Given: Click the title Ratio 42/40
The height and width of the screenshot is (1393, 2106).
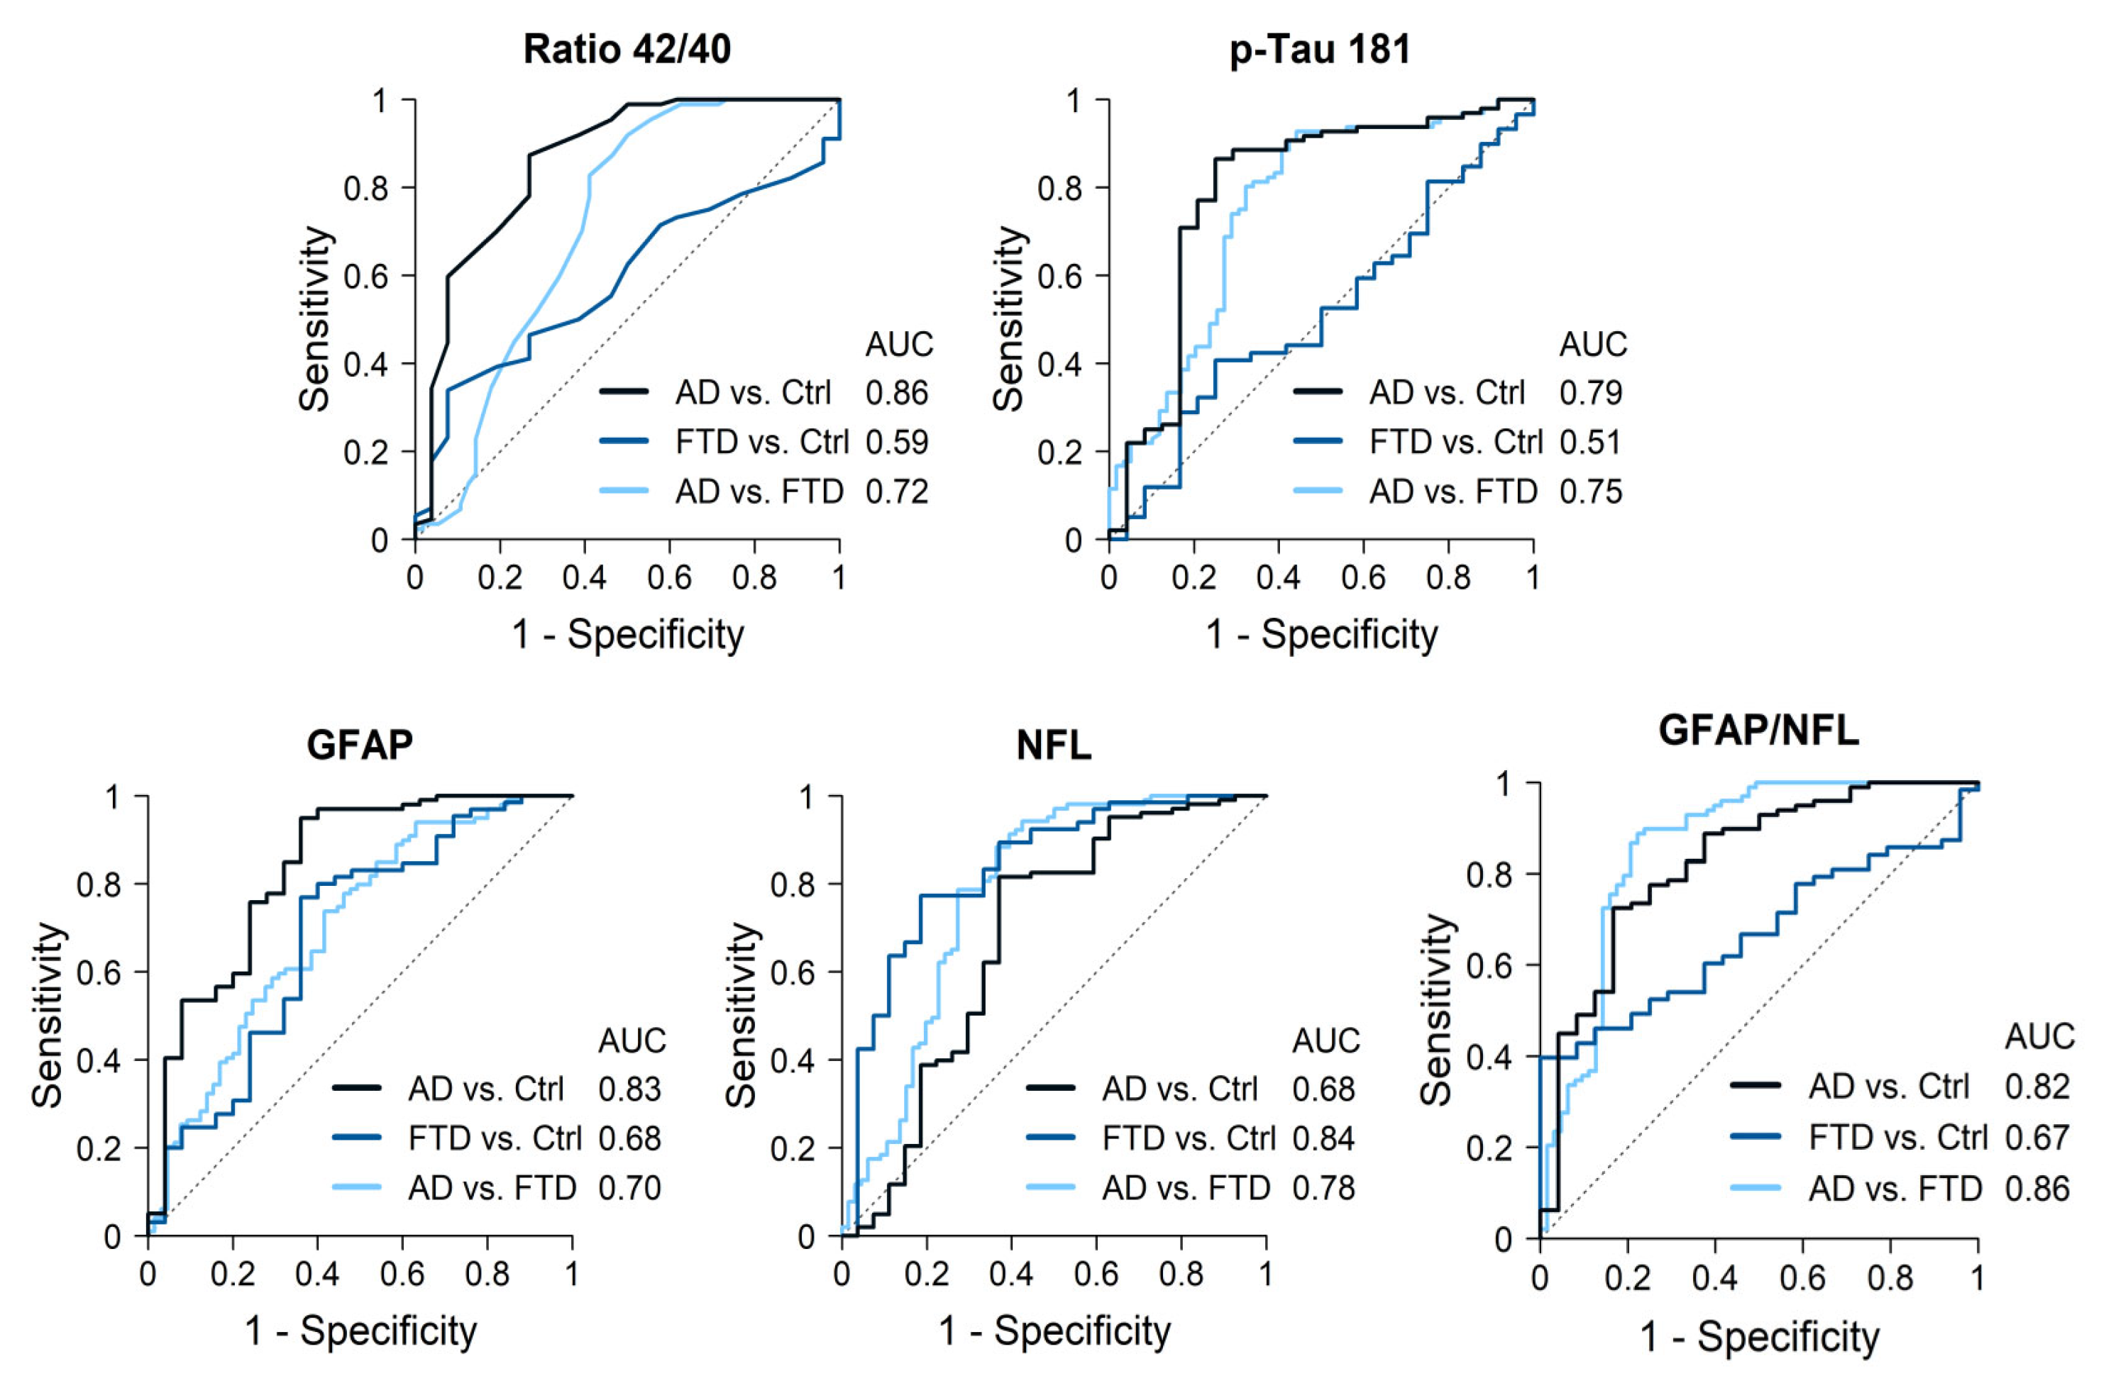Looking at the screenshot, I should pos(627,49).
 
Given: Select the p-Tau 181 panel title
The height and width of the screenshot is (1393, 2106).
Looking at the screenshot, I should pos(1320,49).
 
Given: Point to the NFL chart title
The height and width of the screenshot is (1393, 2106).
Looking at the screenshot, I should pos(1053,745).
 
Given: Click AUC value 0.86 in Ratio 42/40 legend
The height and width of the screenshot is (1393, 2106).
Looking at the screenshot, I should pos(897,393).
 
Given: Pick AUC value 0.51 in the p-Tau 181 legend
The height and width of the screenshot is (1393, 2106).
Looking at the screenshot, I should pos(1591,443).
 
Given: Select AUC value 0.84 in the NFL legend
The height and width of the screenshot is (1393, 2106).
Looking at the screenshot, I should pos(1324,1138).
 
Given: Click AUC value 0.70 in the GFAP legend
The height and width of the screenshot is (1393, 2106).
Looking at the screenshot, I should pos(629,1188).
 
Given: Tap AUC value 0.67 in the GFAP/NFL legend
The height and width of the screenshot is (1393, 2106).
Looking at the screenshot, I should pos(2038,1137).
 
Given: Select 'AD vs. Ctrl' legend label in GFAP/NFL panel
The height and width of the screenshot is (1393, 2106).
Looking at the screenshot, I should pos(1888,1087).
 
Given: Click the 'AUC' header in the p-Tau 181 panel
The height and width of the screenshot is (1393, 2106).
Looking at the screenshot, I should pos(1593,345).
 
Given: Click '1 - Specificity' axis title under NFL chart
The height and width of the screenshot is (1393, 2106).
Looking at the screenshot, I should pos(1055,1331).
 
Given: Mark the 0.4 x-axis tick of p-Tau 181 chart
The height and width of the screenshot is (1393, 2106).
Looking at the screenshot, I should pos(1278,577).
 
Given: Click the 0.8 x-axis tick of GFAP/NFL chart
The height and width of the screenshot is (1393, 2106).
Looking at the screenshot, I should pos(1890,1277).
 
